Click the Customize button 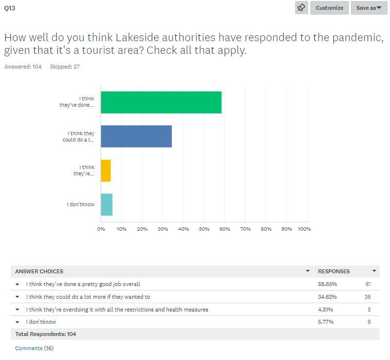[329, 8]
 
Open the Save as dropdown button [368, 8]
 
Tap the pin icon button [301, 8]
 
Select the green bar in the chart [161, 102]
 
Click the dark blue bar [136, 136]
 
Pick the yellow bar [106, 170]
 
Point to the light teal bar [107, 205]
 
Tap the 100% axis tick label [304, 229]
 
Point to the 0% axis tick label [101, 229]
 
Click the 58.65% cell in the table [327, 284]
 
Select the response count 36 [367, 297]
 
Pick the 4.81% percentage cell [326, 310]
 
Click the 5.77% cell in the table [326, 322]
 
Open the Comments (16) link [34, 348]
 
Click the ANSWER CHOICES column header [39, 271]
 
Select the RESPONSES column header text [334, 271]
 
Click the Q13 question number [10, 8]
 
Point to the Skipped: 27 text [65, 67]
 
